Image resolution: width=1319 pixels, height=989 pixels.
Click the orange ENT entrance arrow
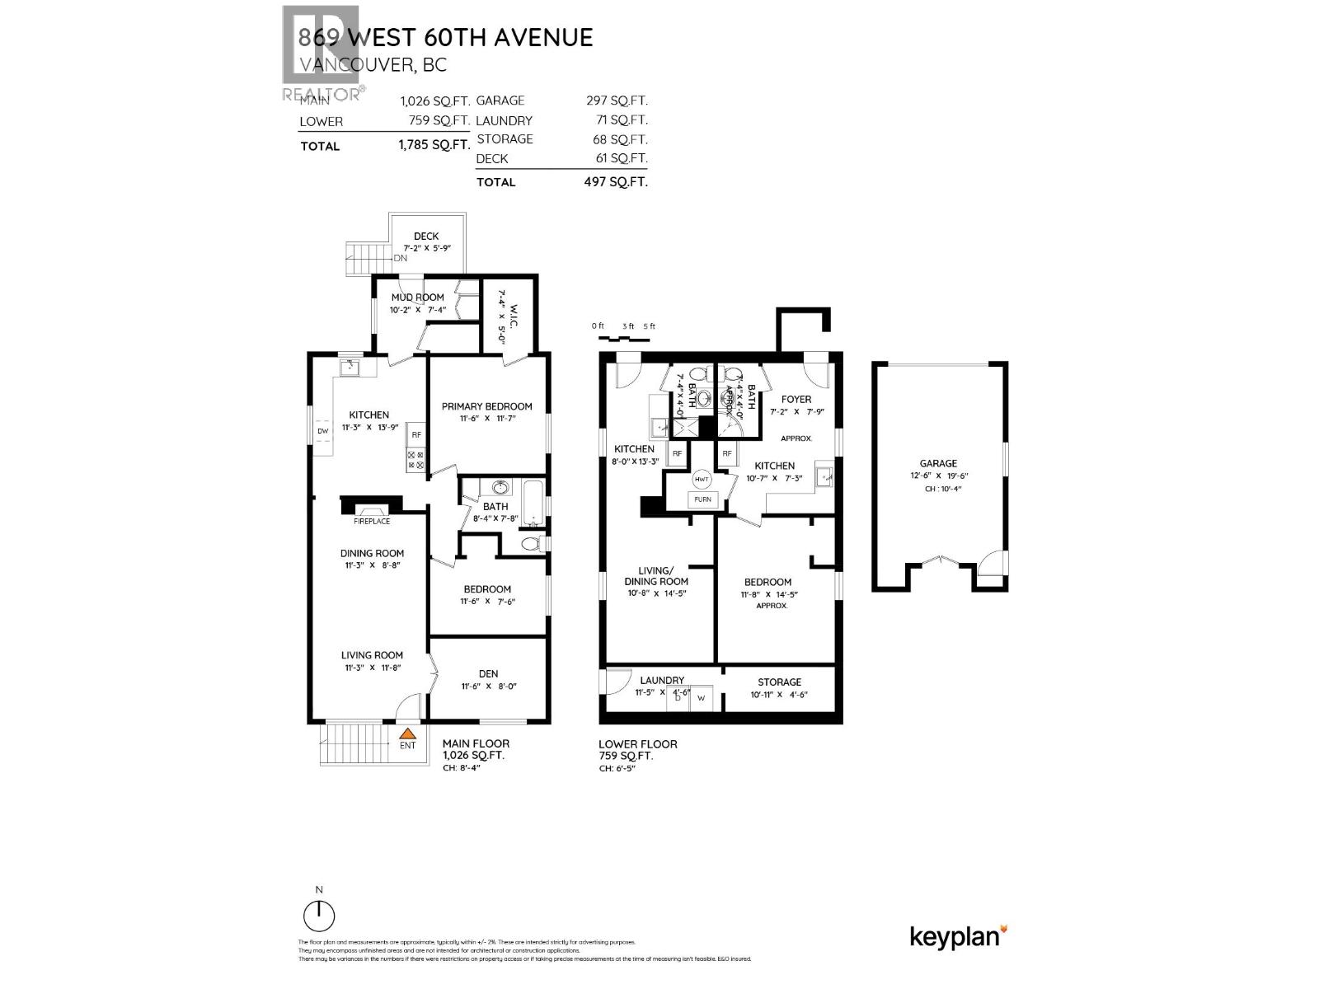coord(407,732)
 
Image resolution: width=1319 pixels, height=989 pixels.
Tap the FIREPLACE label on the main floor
coord(372,521)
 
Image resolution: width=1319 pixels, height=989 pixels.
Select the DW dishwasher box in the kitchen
coord(322,431)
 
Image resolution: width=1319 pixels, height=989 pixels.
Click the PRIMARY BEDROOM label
coord(486,406)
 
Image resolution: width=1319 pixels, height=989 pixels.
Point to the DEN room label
coord(488,673)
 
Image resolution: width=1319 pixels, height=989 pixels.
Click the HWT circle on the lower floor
coord(702,480)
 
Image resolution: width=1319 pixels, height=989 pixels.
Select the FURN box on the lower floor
coord(702,499)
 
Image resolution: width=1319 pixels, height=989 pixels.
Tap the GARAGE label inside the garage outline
coord(938,464)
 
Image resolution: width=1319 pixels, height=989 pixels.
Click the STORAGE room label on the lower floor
coord(779,682)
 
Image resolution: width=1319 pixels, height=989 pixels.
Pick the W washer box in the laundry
coord(702,697)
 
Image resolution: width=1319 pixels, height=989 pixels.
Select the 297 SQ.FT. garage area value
coord(616,101)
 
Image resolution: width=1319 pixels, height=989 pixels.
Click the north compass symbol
coord(319,914)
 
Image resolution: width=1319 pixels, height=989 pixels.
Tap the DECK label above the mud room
coord(426,237)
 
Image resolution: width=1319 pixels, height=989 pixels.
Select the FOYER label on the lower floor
coord(796,400)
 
